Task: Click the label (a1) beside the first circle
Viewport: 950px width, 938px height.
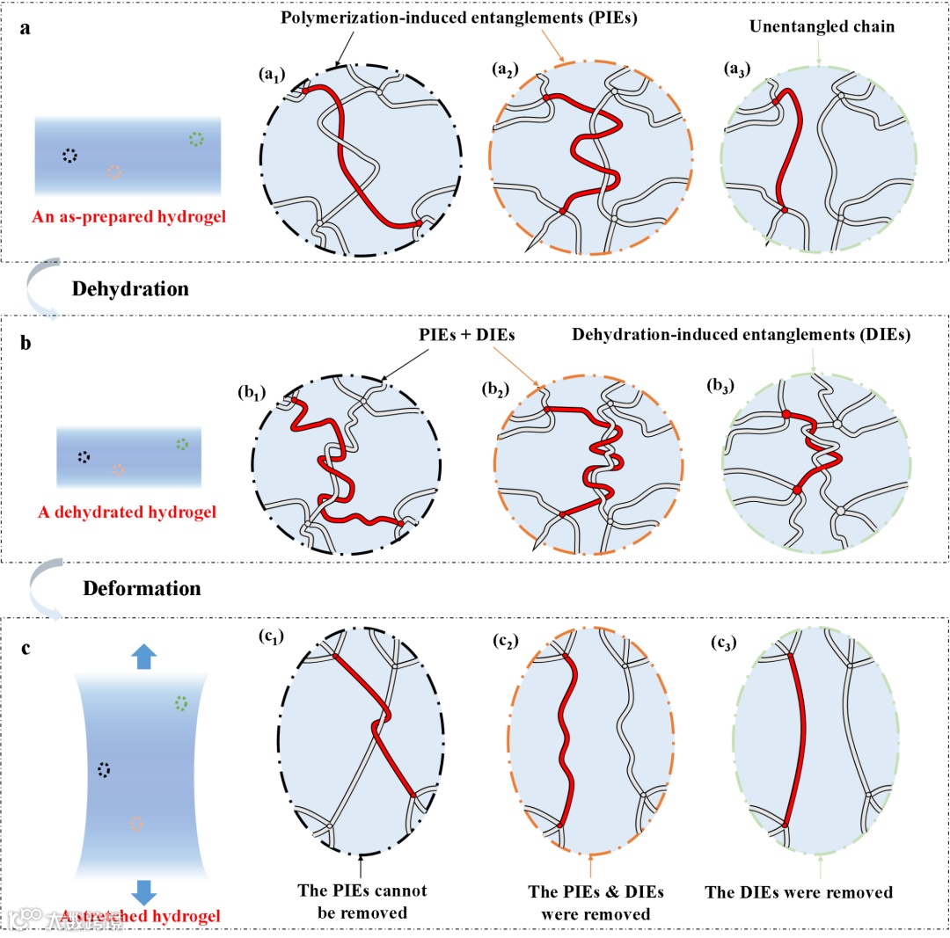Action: click(x=272, y=75)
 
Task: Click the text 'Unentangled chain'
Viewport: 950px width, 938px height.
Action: click(x=822, y=26)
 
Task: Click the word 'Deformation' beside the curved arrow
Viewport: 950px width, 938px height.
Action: click(x=142, y=587)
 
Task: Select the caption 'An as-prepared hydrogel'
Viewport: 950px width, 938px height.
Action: click(x=128, y=215)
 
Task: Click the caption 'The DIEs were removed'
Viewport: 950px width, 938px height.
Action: click(x=799, y=892)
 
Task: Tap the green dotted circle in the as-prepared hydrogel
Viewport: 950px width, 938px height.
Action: click(x=196, y=139)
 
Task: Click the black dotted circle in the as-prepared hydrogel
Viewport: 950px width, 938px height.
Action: click(x=69, y=155)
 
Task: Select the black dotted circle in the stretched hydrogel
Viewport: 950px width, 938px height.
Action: click(x=105, y=770)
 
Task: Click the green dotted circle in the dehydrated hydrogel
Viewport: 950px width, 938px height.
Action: click(x=181, y=443)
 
